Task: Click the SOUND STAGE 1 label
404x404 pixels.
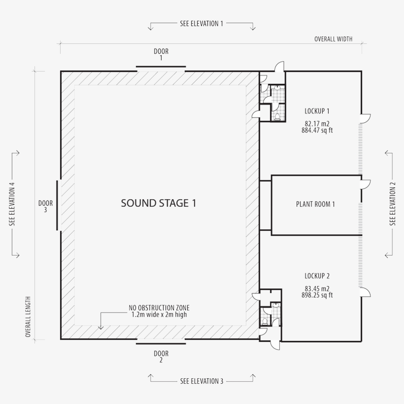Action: click(x=159, y=203)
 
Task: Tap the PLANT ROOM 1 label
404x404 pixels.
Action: click(x=315, y=204)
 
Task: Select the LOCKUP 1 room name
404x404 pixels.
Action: click(x=317, y=111)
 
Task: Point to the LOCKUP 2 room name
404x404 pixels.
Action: click(x=317, y=276)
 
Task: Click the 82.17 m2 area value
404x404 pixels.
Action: click(x=317, y=124)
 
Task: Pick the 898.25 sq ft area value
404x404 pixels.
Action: click(x=317, y=295)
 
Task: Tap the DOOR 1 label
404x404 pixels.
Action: click(x=161, y=54)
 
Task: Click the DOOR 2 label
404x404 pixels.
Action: click(x=161, y=357)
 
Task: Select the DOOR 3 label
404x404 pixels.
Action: click(x=46, y=206)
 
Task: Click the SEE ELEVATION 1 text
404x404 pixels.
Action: click(x=202, y=24)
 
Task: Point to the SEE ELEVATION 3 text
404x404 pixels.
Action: click(x=202, y=381)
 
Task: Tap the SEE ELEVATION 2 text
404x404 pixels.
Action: click(x=392, y=204)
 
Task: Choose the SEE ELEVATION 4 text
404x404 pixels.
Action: click(x=12, y=204)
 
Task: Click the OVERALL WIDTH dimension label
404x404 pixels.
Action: click(x=334, y=39)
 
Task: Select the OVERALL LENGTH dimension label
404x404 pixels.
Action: click(x=28, y=317)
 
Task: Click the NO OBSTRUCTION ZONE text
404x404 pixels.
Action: click(x=159, y=308)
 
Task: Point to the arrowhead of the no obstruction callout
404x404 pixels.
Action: click(x=101, y=328)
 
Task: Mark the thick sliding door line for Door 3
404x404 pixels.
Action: click(x=57, y=205)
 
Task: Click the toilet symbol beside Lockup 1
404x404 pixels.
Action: click(x=277, y=116)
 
